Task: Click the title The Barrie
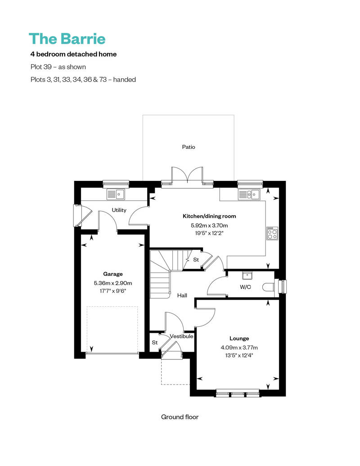67,39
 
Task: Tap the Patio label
189,147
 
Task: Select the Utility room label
119,210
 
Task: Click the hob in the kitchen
272,233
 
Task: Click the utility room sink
116,194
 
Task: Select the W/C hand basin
246,275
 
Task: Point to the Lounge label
239,339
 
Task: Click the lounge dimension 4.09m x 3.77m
239,347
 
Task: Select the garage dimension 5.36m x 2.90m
113,283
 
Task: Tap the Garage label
113,273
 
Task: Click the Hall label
182,296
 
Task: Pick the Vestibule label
182,336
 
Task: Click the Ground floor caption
180,417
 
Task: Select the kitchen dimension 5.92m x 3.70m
210,225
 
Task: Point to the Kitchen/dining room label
210,216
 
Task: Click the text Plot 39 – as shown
58,67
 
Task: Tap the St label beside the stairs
196,260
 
